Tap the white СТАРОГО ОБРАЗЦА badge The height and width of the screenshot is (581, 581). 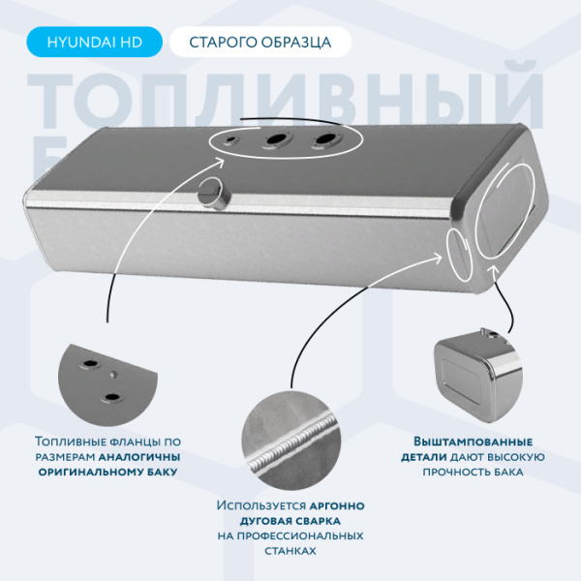pyautogui.click(x=260, y=42)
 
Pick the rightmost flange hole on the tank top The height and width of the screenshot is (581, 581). pyautogui.click(x=321, y=142)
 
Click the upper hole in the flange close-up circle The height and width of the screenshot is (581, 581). pyautogui.click(x=90, y=365)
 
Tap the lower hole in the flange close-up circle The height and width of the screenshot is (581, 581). pyautogui.click(x=114, y=396)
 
